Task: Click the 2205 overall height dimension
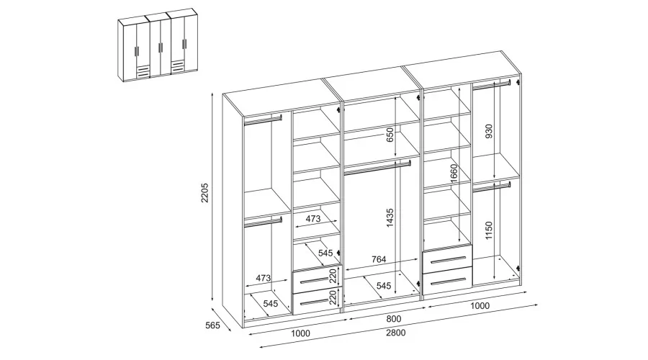pyautogui.click(x=205, y=192)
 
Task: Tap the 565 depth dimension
pyautogui.click(x=212, y=325)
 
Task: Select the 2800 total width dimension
pyautogui.click(x=396, y=333)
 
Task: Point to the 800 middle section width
pyautogui.click(x=394, y=319)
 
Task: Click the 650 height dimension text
pyautogui.click(x=390, y=135)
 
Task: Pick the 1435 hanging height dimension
pyautogui.click(x=390, y=218)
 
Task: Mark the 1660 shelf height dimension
pyautogui.click(x=454, y=174)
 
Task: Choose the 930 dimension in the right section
pyautogui.click(x=489, y=131)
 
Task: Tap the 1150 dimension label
pyautogui.click(x=489, y=230)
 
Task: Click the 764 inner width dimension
pyautogui.click(x=379, y=259)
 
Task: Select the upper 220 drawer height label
pyautogui.click(x=333, y=275)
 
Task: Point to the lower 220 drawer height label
pyautogui.click(x=333, y=297)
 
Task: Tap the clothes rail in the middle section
pyautogui.click(x=377, y=167)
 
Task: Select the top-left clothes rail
pyautogui.click(x=263, y=120)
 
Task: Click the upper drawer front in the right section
pyautogui.click(x=447, y=258)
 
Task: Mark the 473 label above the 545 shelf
pyautogui.click(x=313, y=219)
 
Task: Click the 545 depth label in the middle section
pyautogui.click(x=384, y=286)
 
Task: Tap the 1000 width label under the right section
pyautogui.click(x=480, y=306)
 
